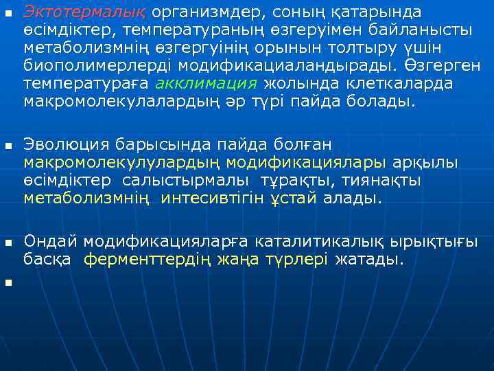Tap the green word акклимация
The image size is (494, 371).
(x=207, y=85)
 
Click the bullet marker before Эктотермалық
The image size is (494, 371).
(x=8, y=14)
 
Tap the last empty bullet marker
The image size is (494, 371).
(x=8, y=282)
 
